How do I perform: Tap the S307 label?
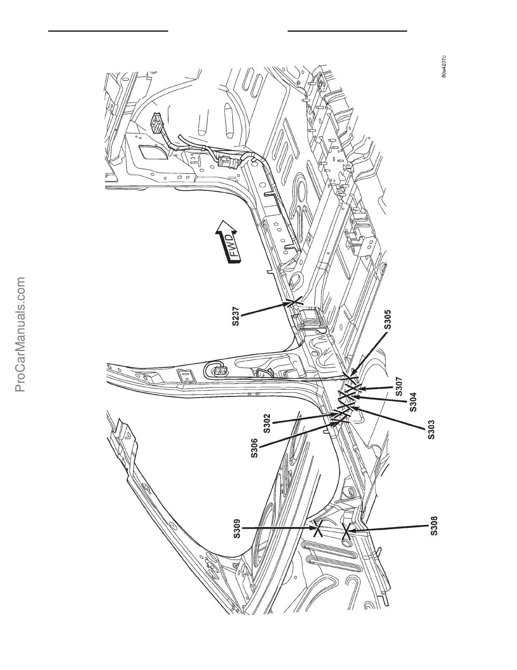coord(399,387)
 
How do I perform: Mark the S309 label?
coord(237,529)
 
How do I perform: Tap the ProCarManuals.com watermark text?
coord(21,334)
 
